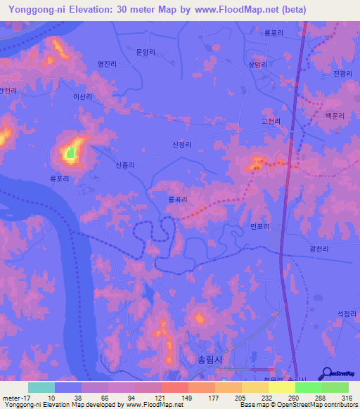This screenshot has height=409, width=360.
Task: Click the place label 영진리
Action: tap(107, 64)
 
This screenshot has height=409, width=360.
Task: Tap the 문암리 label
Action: tap(145, 51)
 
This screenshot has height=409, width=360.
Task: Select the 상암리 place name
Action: tap(258, 64)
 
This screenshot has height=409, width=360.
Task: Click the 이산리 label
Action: tap(83, 97)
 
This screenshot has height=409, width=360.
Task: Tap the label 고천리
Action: tap(271, 122)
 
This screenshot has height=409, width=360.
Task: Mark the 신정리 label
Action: tap(181, 145)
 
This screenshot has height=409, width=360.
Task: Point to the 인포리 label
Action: tap(259, 226)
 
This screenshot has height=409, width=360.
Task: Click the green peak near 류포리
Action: tap(70, 151)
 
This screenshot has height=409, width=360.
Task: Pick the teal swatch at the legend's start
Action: tap(41, 387)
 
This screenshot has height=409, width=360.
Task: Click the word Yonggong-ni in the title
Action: tap(35, 10)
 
